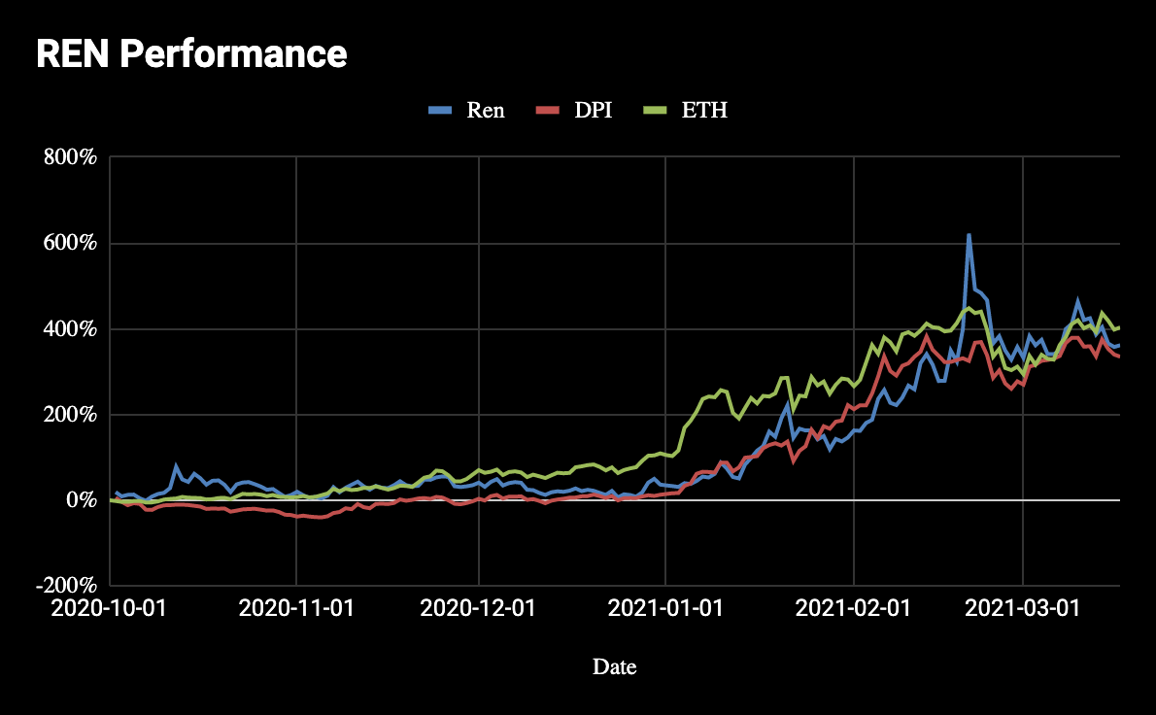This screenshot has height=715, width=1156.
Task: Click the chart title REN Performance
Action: [191, 53]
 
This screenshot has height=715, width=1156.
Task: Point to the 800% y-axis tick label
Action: [69, 157]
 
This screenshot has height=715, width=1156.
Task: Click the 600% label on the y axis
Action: [69, 243]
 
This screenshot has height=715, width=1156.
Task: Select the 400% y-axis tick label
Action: [69, 329]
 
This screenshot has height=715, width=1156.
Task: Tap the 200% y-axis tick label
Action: [69, 415]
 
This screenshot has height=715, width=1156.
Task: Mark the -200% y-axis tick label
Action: [65, 586]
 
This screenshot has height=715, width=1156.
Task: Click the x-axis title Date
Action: [614, 666]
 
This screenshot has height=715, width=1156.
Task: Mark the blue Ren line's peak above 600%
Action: [969, 235]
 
